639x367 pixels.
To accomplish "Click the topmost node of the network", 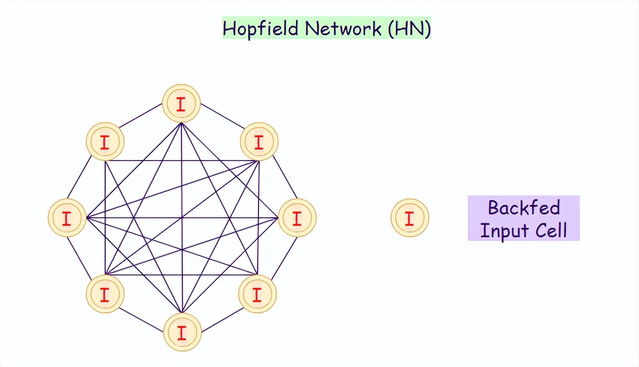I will click(x=181, y=104).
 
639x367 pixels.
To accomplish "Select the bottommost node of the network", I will click(x=182, y=332).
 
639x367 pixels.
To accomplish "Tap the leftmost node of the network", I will click(x=67, y=218).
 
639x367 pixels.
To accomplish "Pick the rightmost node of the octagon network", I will click(x=297, y=218).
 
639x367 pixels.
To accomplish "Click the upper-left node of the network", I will click(x=105, y=142).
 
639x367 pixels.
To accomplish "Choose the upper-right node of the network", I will click(x=259, y=142).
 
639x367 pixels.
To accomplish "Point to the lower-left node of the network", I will click(x=105, y=294).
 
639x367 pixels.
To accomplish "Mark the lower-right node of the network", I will click(x=257, y=294).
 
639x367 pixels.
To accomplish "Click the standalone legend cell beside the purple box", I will click(x=409, y=218).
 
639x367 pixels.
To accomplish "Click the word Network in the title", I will click(x=343, y=29).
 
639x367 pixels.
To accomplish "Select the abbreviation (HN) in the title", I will click(x=409, y=29).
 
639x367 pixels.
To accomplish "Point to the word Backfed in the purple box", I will click(x=524, y=208).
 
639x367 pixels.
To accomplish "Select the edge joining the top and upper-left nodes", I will click(x=140, y=116).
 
